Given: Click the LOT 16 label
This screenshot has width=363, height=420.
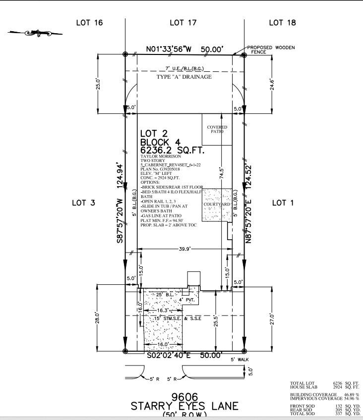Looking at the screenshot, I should tap(89, 22).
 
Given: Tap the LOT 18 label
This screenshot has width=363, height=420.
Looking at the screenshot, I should tap(283, 22).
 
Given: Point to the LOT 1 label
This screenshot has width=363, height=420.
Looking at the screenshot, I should tap(285, 203).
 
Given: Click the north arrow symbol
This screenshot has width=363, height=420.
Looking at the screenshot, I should tap(36, 33).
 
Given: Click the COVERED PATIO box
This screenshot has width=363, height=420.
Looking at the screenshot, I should tap(217, 129).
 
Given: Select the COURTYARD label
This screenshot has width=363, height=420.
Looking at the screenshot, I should tap(217, 204).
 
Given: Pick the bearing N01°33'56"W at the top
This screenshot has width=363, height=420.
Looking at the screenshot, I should tap(170, 50).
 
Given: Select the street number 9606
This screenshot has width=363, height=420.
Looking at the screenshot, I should tap(184, 397).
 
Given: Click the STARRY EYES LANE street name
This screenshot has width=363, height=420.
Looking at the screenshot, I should tap(184, 406).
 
